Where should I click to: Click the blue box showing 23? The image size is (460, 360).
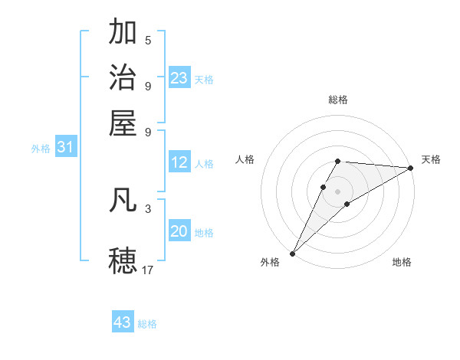(x=179, y=78)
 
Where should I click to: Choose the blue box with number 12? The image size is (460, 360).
(x=179, y=162)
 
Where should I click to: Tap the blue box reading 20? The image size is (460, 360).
(x=179, y=231)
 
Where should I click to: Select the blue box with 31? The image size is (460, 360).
(x=65, y=147)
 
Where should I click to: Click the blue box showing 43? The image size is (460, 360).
(x=123, y=322)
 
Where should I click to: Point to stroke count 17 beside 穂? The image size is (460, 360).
(x=147, y=270)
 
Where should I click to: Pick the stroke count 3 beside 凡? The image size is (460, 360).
(x=148, y=208)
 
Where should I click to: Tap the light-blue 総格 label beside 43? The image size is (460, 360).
(x=147, y=324)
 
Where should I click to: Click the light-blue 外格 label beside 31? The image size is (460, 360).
(x=41, y=149)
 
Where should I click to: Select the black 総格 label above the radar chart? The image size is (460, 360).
(x=338, y=100)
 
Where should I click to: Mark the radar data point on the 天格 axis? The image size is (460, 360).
(x=410, y=168)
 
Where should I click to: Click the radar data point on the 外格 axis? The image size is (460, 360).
(x=292, y=253)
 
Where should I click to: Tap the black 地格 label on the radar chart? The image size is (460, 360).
(x=402, y=262)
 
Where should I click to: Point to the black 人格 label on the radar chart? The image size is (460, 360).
(x=245, y=159)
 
